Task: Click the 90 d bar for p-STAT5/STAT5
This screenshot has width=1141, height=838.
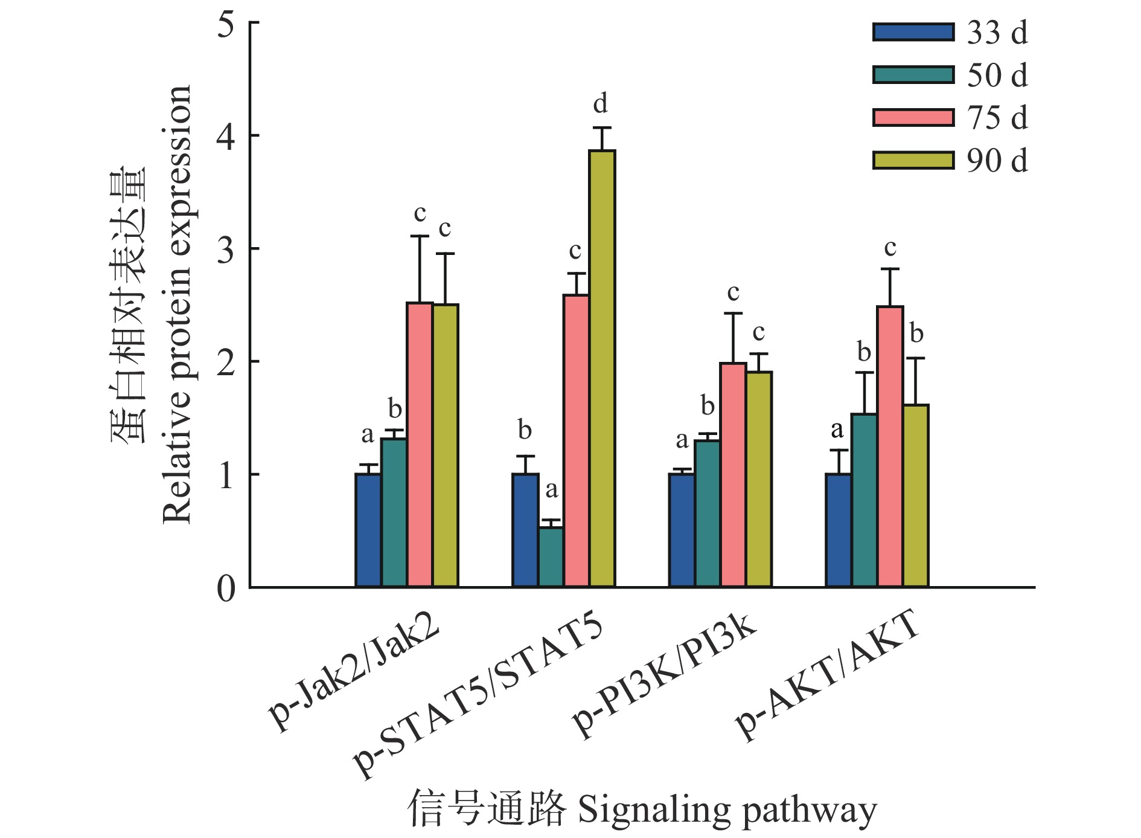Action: click(602, 369)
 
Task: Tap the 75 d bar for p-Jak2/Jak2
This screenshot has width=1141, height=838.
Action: click(420, 445)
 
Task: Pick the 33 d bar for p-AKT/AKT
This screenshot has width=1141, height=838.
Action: click(838, 530)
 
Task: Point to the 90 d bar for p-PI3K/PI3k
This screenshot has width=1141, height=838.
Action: click(759, 479)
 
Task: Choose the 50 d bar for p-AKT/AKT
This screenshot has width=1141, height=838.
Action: click(864, 500)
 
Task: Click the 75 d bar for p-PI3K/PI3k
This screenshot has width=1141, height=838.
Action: click(733, 475)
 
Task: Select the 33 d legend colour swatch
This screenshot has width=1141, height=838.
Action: click(913, 32)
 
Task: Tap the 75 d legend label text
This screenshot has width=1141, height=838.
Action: click(997, 118)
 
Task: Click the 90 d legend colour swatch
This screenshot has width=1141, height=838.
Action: click(913, 161)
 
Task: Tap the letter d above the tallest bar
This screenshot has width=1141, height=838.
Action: click(600, 103)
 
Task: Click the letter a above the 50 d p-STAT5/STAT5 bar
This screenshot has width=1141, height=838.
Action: click(551, 490)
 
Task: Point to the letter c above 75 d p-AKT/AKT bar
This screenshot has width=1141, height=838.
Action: click(890, 248)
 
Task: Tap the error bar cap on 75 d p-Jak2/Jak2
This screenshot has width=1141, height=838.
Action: click(420, 236)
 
